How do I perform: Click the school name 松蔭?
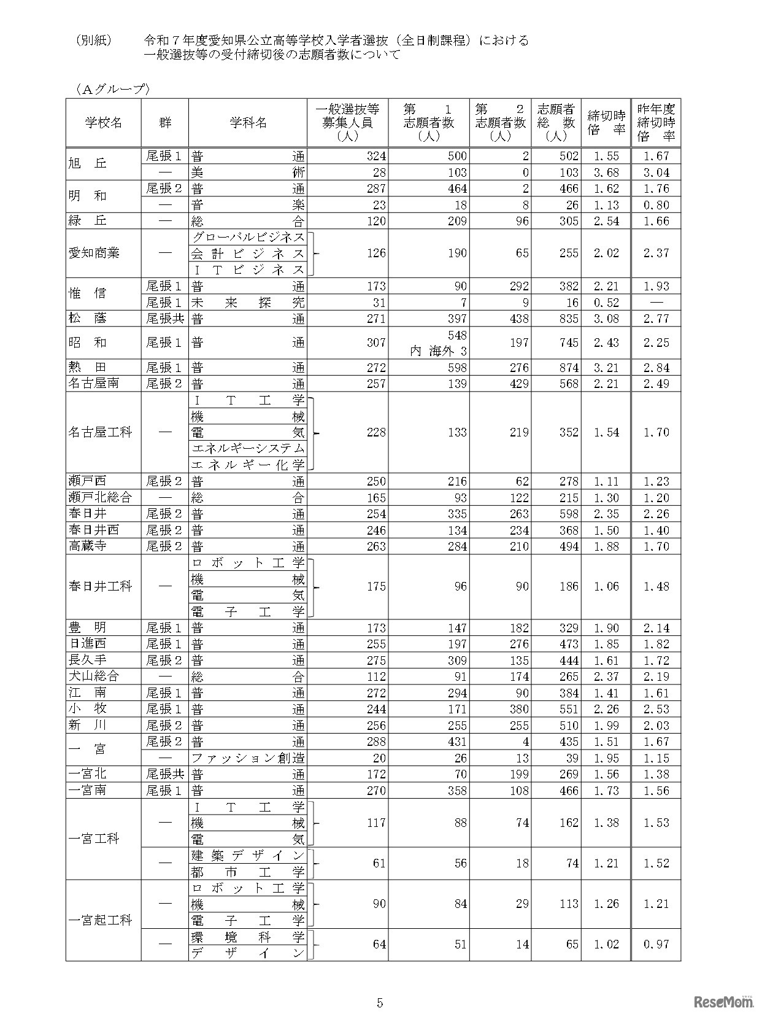pyautogui.click(x=87, y=318)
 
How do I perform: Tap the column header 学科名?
pyautogui.click(x=248, y=123)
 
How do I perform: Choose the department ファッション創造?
pyautogui.click(x=248, y=758)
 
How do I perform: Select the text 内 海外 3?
pyautogui.click(x=439, y=351)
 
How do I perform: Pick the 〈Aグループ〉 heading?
pyautogui.click(x=110, y=90)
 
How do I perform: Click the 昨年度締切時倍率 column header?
pyautogui.click(x=656, y=123)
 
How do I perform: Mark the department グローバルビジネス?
pyautogui.click(x=248, y=237)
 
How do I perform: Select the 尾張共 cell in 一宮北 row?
pyautogui.click(x=164, y=774)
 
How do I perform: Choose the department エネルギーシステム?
pyautogui.click(x=248, y=449)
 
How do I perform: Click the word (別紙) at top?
pyautogui.click(x=94, y=41)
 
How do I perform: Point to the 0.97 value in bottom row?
pyautogui.click(x=656, y=944)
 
